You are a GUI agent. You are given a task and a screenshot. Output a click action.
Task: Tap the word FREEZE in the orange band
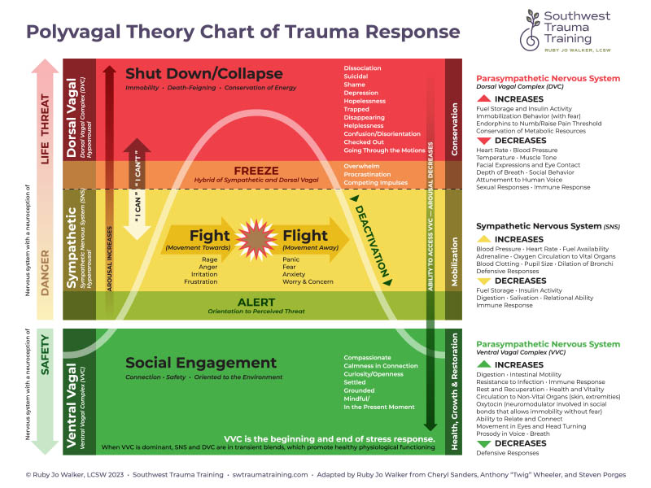click(x=256, y=171)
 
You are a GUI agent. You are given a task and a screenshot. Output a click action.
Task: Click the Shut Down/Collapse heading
click(x=204, y=74)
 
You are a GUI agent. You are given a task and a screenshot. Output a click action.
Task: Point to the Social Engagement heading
click(x=201, y=363)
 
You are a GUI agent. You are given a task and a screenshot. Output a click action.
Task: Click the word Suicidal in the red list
click(x=356, y=77)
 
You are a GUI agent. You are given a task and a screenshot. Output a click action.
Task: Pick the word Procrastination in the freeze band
click(x=369, y=175)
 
